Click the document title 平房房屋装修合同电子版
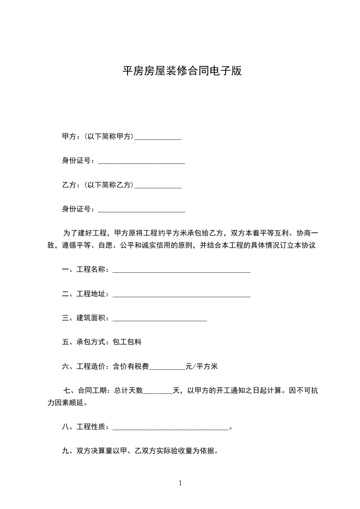tap(182, 71)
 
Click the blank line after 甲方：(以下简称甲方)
tap(158, 137)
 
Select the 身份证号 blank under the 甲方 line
tap(141, 162)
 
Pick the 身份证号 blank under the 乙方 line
tap(141, 210)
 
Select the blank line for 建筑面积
tap(159, 319)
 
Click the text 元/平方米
tap(202, 367)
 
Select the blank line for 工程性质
tap(171, 427)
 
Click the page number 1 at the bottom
tap(180, 483)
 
